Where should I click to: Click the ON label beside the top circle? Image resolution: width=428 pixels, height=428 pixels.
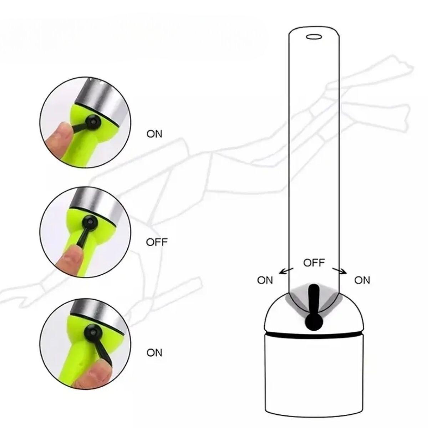[154, 134]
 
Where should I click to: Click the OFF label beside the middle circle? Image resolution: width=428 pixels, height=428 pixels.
[157, 242]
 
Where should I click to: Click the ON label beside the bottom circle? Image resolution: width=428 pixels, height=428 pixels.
[154, 352]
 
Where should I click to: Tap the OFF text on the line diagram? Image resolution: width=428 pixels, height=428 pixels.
[314, 263]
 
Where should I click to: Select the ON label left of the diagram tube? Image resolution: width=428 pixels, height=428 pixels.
[265, 280]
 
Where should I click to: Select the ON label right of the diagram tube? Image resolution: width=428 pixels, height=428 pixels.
[362, 280]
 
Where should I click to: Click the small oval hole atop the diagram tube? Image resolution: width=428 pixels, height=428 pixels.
[314, 37]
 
